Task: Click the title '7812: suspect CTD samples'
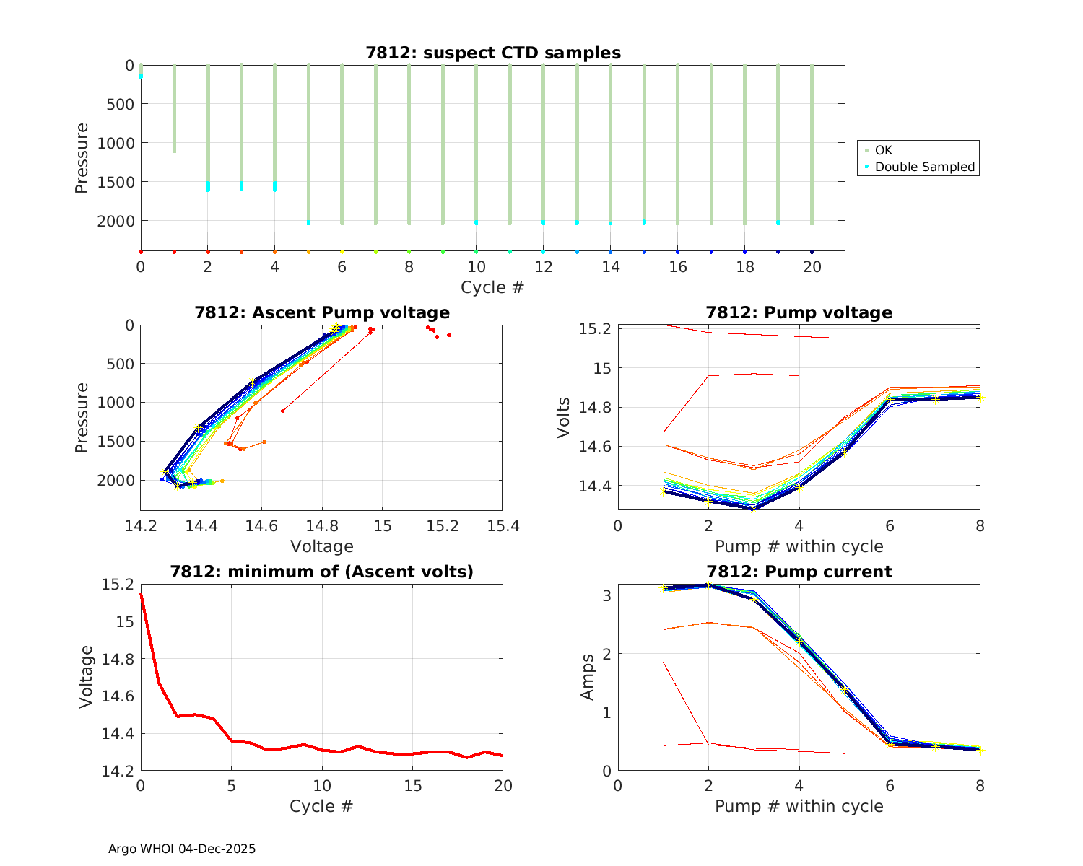[x=493, y=53]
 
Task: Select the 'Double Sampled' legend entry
[x=924, y=167]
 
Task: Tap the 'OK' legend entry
[x=884, y=150]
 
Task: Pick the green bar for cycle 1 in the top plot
[x=174, y=108]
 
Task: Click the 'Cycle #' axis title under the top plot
[x=492, y=287]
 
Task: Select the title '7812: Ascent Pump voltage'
[x=322, y=312]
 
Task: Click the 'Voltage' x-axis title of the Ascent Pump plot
[x=322, y=546]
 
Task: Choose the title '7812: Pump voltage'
[x=799, y=312]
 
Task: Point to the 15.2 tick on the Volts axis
[x=596, y=329]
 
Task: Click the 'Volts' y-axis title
[x=564, y=418]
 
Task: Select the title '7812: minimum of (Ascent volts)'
[x=322, y=572]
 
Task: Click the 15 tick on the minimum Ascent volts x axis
[x=412, y=785]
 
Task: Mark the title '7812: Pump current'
[x=799, y=572]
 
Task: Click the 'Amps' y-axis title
[x=588, y=677]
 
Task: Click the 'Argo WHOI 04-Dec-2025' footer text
[x=182, y=849]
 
